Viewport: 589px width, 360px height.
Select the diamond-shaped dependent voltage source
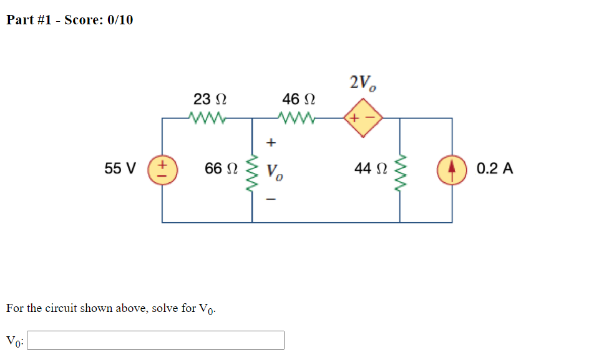click(362, 117)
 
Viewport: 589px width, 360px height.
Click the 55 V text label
click(120, 168)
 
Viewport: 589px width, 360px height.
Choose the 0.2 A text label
click(495, 168)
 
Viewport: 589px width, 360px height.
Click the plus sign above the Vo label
click(270, 143)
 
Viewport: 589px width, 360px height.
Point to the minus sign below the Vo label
click(270, 200)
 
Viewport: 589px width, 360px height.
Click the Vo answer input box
click(156, 340)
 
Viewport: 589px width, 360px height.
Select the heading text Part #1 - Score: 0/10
click(69, 20)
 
